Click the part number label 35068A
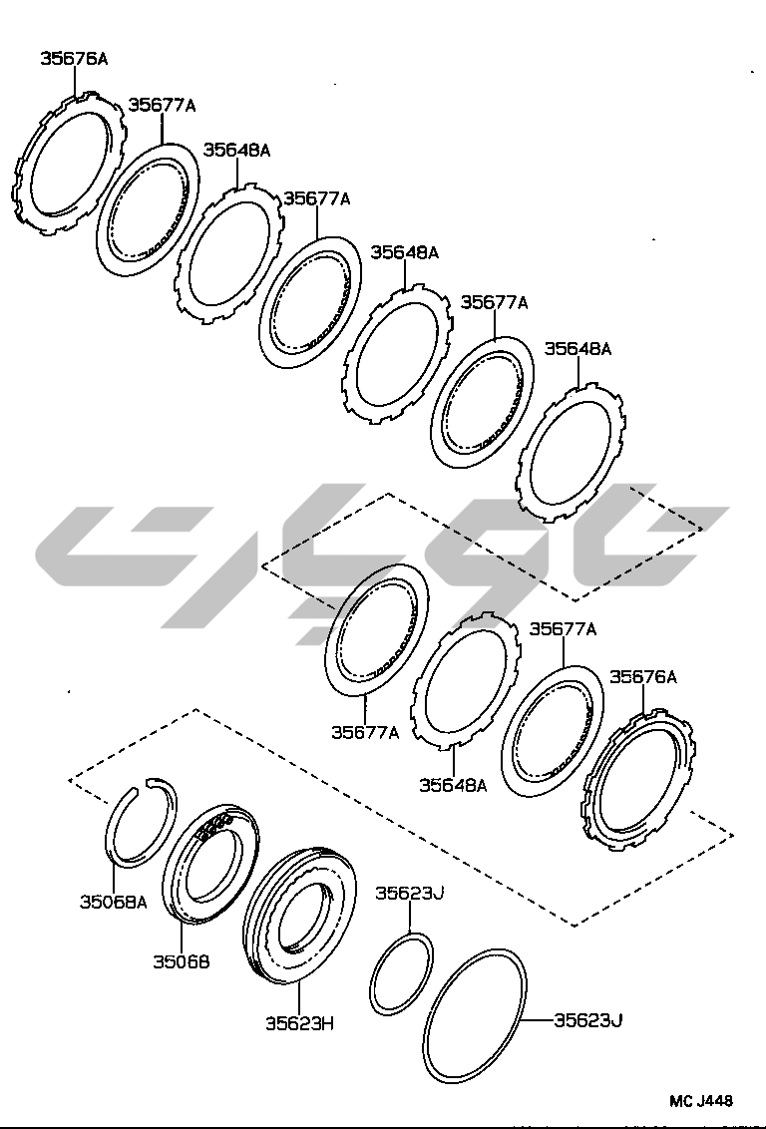tap(113, 902)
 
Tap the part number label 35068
tap(182, 961)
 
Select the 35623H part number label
tap(299, 1023)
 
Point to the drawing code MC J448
tap(701, 1101)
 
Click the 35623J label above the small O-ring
tap(410, 893)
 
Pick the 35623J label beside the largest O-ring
tap(587, 1020)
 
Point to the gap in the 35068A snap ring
tap(141, 784)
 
